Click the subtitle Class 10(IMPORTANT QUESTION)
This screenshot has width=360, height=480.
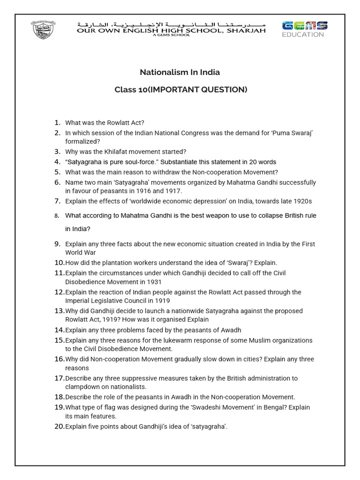[x=181, y=90]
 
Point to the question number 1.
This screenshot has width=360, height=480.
[x=57, y=122]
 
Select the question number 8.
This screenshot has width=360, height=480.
[x=57, y=216]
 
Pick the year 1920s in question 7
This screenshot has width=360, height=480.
[x=301, y=201]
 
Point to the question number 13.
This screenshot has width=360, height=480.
[x=59, y=311]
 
